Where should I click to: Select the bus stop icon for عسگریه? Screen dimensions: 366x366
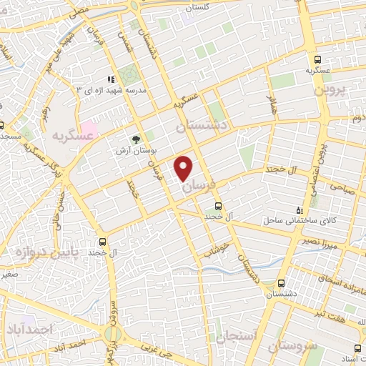(318, 60)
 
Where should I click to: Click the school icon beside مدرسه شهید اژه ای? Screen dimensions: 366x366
(111, 80)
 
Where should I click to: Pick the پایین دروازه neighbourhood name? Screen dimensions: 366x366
(33, 252)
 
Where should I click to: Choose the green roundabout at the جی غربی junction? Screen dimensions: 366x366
(114, 334)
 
